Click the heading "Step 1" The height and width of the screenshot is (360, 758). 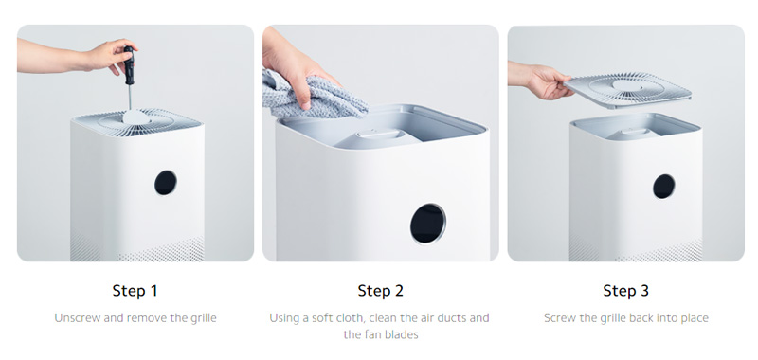pyautogui.click(x=135, y=290)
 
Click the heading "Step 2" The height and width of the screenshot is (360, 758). pyautogui.click(x=380, y=290)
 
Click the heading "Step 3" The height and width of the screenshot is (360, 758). pyautogui.click(x=625, y=290)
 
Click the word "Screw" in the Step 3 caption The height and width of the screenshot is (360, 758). pyautogui.click(x=561, y=318)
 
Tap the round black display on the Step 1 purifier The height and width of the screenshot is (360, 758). pyautogui.click(x=166, y=182)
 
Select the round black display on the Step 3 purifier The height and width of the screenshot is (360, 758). pyautogui.click(x=663, y=187)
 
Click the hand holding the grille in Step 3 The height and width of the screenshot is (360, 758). pyautogui.click(x=545, y=81)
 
